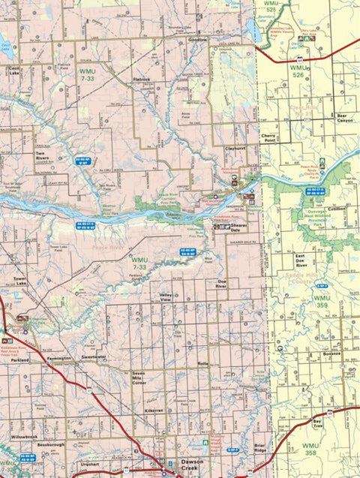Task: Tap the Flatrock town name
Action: (142, 78)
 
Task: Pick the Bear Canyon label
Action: (343, 118)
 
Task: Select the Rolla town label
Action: (202, 363)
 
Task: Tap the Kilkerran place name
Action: (154, 412)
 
